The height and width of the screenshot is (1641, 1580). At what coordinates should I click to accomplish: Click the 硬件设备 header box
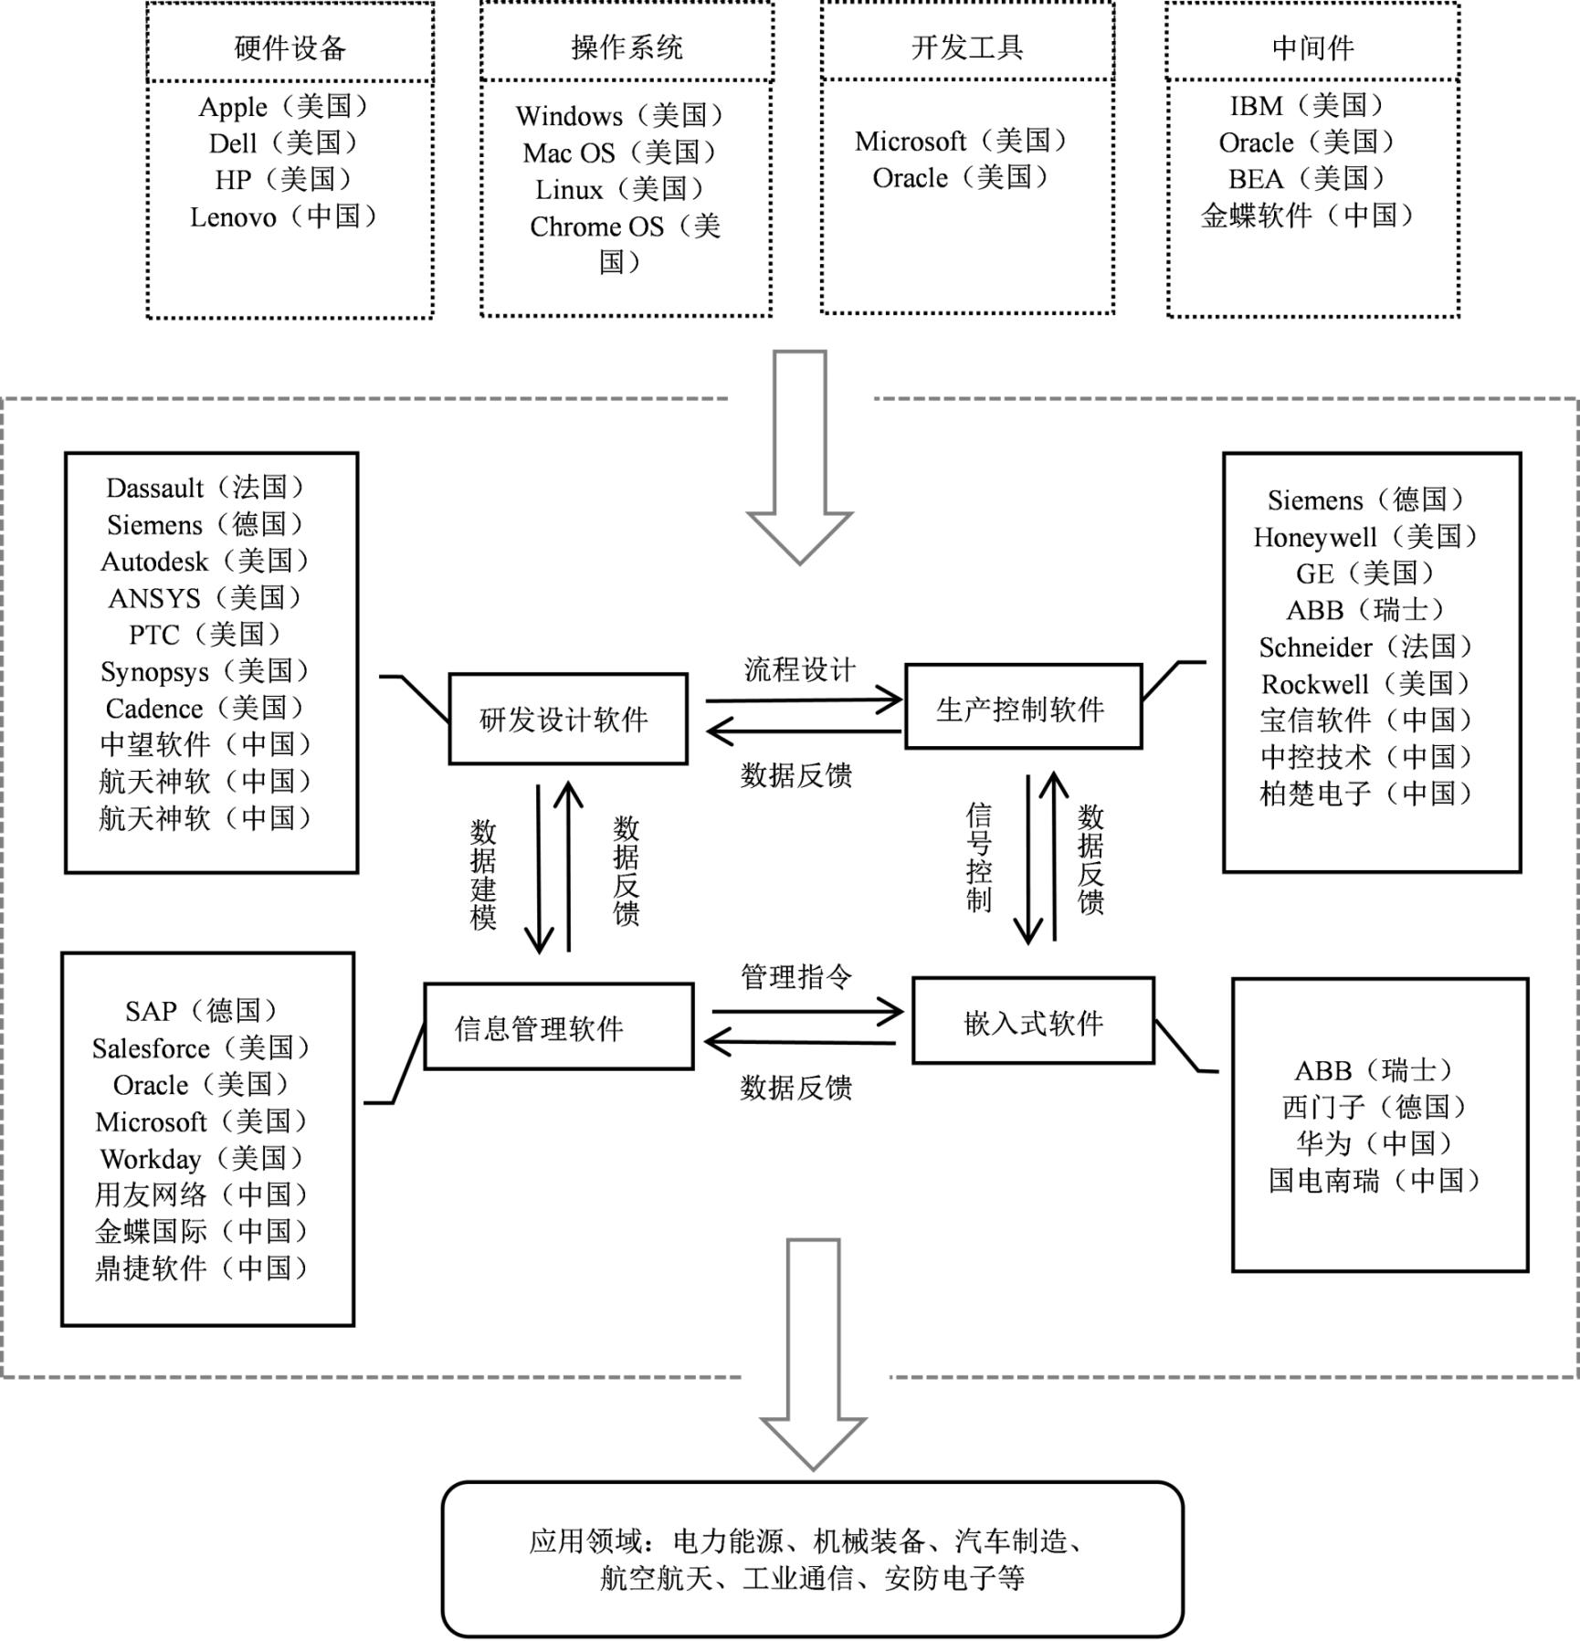pos(290,43)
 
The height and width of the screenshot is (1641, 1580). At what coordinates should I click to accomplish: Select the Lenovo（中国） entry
pos(284,217)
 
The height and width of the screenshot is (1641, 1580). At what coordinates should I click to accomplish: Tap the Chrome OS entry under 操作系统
pos(626,244)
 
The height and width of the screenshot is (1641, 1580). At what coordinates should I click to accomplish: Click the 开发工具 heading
pos(967,47)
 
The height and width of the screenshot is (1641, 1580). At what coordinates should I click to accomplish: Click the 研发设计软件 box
pos(568,719)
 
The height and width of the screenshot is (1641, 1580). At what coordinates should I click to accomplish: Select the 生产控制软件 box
pos(1023,707)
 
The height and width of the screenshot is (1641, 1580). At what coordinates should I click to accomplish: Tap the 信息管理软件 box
pos(559,1026)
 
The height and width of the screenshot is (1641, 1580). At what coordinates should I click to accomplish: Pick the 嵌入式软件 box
pos(1033,1020)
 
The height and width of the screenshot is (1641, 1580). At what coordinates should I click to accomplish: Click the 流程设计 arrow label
pos(800,669)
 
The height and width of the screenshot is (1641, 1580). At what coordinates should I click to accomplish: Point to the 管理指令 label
pos(796,977)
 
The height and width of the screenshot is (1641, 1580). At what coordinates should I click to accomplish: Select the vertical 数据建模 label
pos(483,874)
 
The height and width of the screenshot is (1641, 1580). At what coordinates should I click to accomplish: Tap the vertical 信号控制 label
pos(978,857)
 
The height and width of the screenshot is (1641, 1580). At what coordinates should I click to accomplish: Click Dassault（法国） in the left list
pos(206,488)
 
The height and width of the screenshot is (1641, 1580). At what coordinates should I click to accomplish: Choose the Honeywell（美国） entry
pos(1366,537)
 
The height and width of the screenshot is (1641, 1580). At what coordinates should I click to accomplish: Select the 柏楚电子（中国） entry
pos(1367,794)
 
